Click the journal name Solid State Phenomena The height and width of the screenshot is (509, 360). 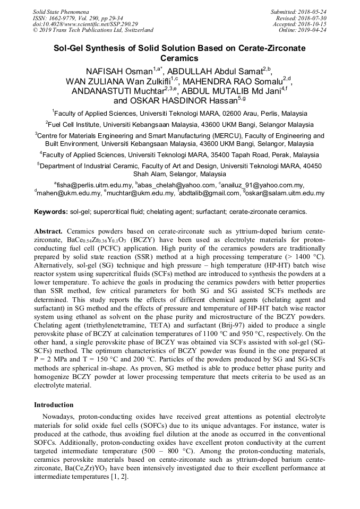tap(60, 11)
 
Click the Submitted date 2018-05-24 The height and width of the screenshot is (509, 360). tap(311, 11)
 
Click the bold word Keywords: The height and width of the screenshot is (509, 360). tap(51, 212)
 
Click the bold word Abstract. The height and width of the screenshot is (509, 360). tap(49, 231)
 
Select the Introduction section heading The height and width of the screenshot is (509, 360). tap(54, 405)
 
